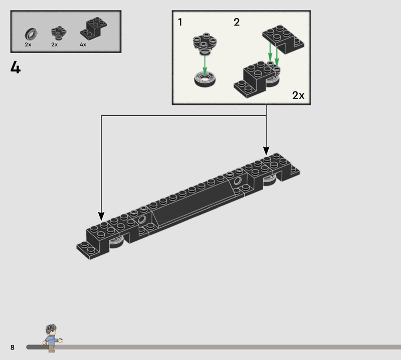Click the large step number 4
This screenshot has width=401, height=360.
[x=16, y=67]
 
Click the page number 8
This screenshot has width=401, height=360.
[x=12, y=347]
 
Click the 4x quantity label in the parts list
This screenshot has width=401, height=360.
[x=83, y=45]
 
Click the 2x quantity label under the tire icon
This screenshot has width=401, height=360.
[x=28, y=45]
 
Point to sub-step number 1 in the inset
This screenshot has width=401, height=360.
[x=180, y=22]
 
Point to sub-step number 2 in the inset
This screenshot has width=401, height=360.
[x=237, y=22]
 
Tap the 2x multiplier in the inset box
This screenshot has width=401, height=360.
[x=298, y=95]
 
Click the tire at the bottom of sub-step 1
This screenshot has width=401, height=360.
[x=206, y=79]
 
